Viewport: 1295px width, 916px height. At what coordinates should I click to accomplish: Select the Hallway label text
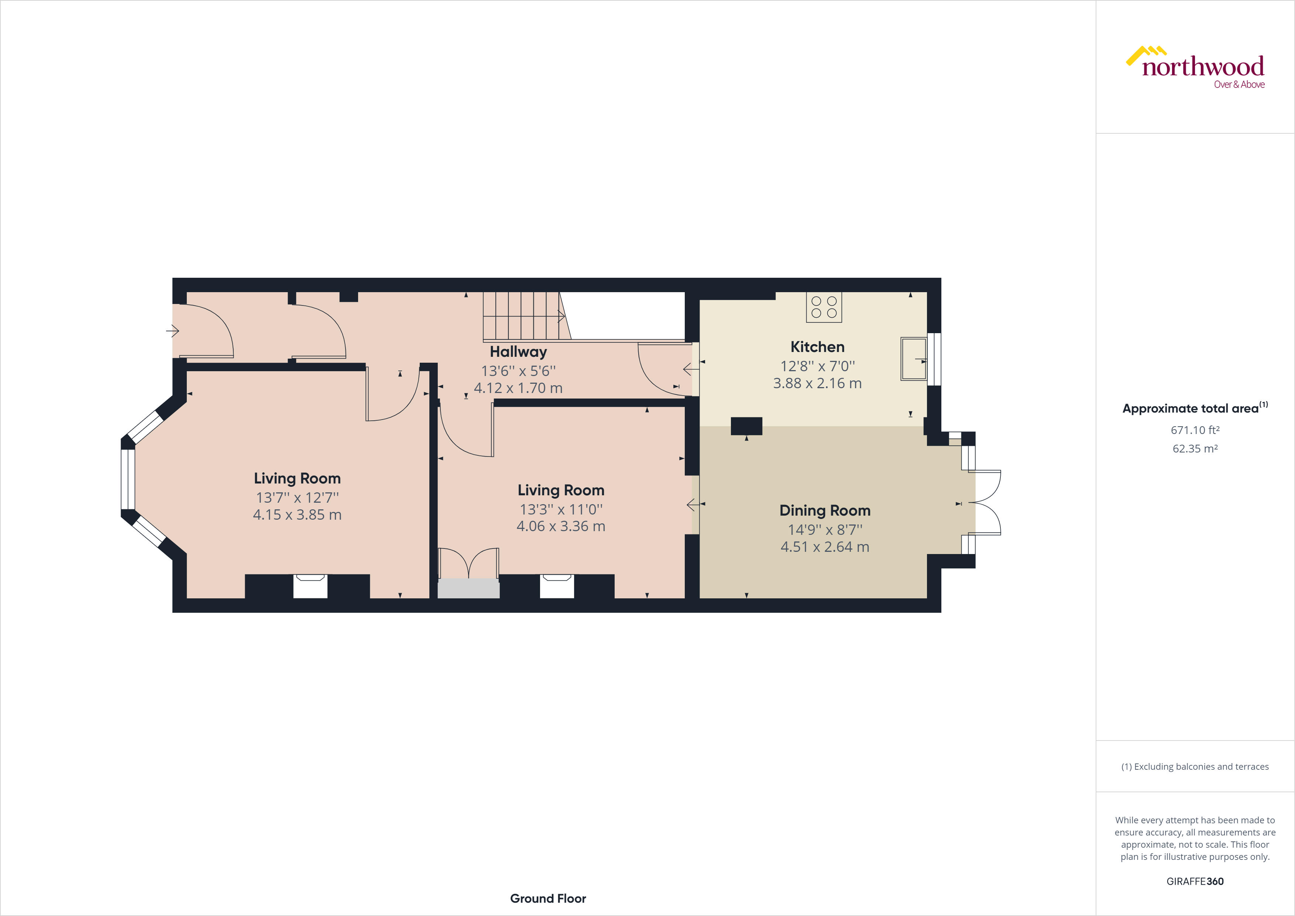pos(518,352)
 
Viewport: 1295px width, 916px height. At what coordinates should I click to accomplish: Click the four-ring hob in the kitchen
pos(824,307)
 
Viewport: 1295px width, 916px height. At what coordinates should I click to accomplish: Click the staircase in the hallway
pos(522,316)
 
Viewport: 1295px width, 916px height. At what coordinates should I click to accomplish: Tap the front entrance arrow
pos(173,331)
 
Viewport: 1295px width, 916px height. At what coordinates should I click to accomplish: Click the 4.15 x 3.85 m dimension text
pos(297,515)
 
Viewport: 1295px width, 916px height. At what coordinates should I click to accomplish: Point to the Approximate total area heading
pos(1194,408)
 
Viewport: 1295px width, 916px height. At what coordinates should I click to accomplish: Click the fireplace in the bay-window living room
pos(310,586)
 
